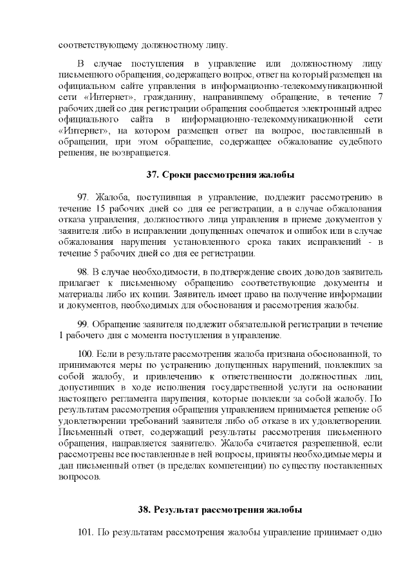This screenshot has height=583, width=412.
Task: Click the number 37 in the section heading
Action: pos(153,175)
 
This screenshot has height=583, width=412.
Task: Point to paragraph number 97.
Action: pos(83,196)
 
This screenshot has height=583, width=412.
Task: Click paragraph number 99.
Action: pos(83,324)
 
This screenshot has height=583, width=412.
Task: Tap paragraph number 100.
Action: pos(85,353)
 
